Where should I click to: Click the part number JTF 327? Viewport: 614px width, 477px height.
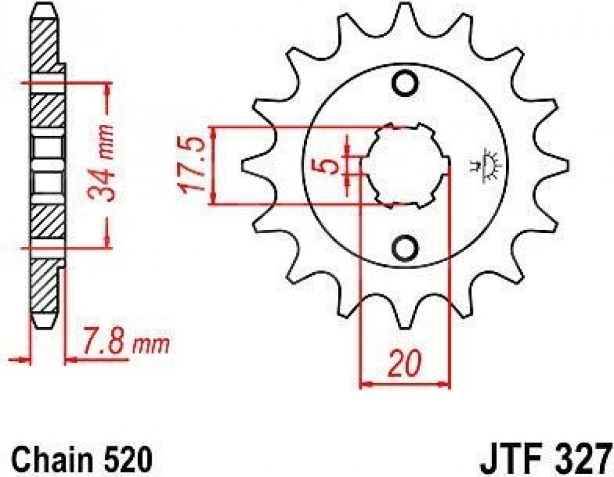pos(546,459)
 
